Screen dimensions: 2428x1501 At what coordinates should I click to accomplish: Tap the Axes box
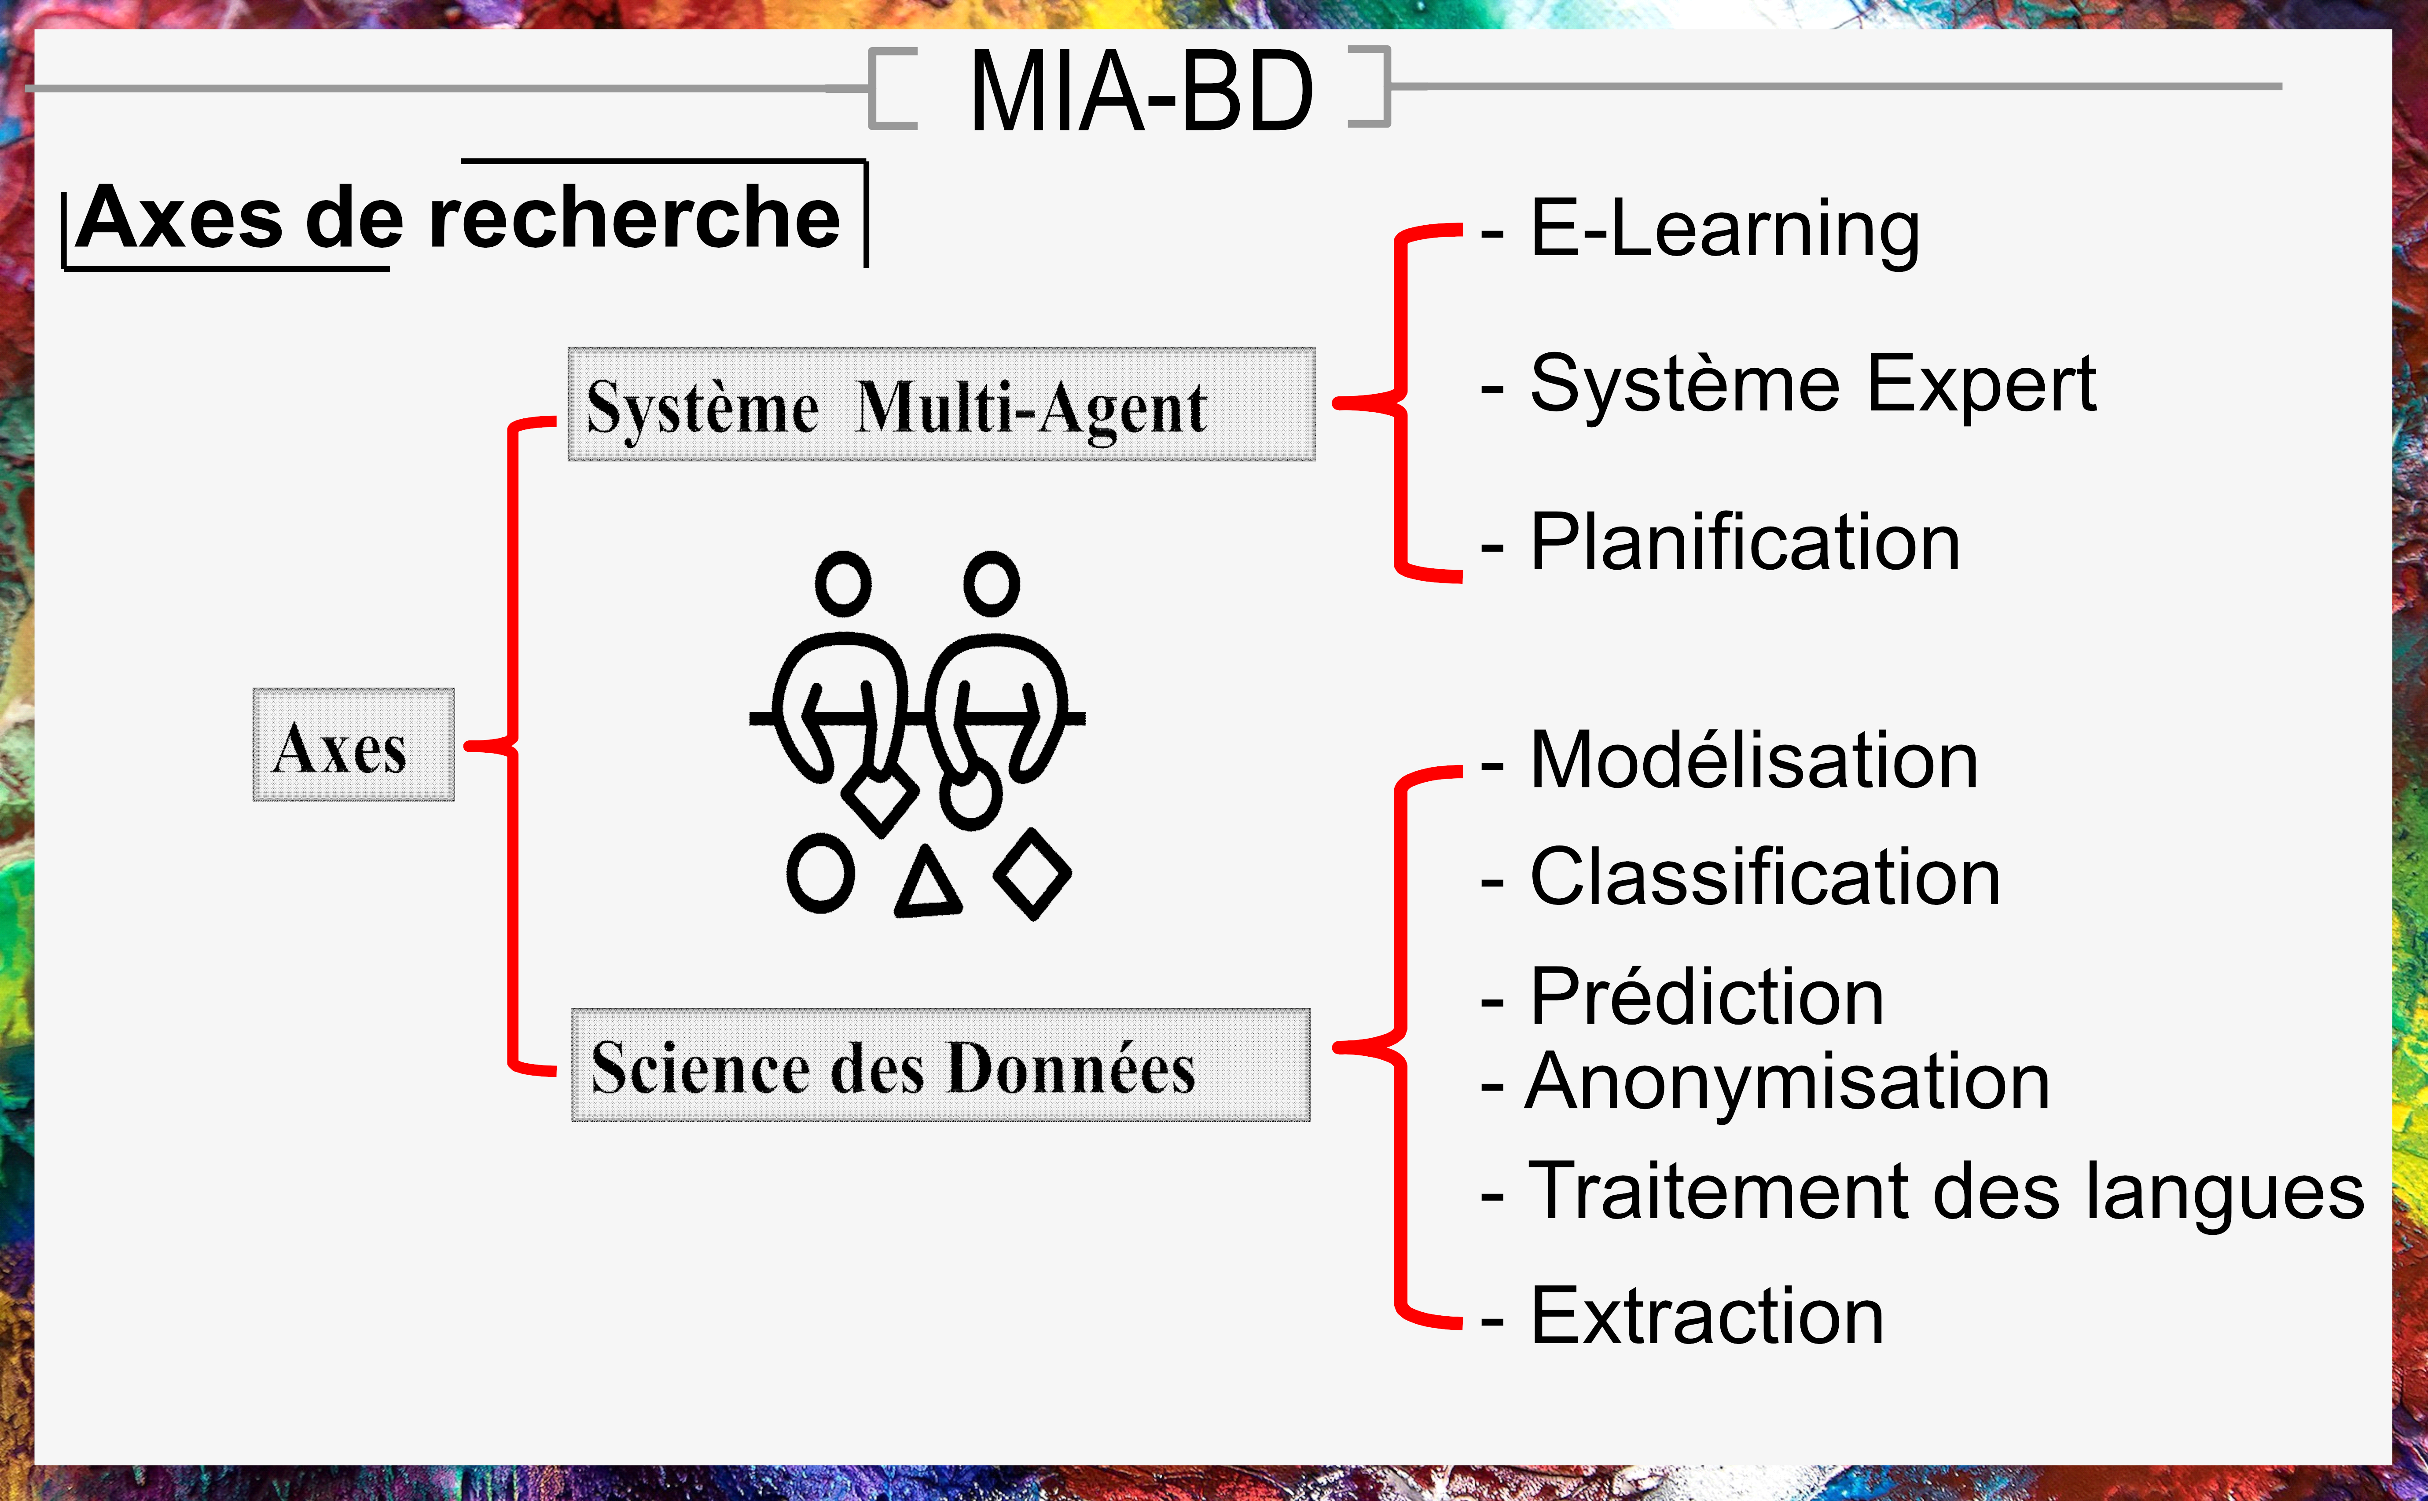[x=353, y=744]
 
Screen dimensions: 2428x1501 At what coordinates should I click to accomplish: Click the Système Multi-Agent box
[x=941, y=404]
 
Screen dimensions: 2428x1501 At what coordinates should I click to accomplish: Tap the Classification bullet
[x=1740, y=878]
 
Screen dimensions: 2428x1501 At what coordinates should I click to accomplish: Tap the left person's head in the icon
[x=843, y=584]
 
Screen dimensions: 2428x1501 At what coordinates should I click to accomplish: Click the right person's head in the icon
[x=991, y=584]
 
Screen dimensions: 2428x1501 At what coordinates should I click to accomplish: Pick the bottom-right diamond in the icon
[x=1033, y=874]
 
